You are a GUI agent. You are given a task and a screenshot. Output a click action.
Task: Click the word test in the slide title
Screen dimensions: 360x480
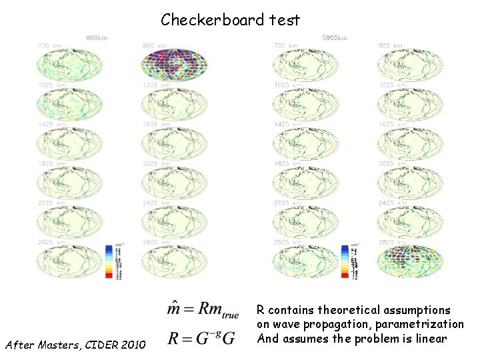coord(283,20)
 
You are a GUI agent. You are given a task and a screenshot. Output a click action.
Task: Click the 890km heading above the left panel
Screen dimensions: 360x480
coord(98,37)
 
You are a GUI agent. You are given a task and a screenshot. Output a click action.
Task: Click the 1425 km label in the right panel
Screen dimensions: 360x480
coord(287,125)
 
